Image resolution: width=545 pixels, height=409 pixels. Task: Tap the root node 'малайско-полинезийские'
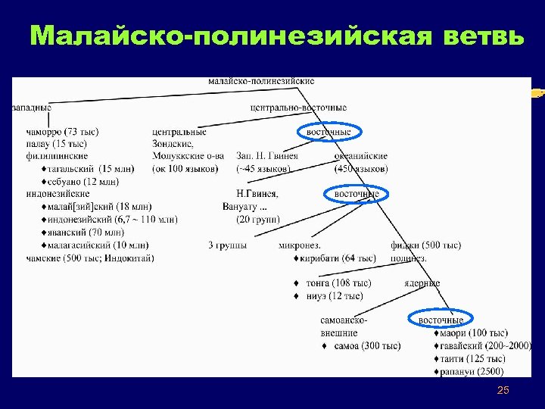[x=261, y=81]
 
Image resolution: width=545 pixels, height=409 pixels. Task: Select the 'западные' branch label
[x=31, y=108]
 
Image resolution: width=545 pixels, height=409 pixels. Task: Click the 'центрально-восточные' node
[x=298, y=108]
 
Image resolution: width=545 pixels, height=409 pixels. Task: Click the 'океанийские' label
[x=361, y=156]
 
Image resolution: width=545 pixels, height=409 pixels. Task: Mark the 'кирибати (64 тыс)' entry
[x=340, y=258]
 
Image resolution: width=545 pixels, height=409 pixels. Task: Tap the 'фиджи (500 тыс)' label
[x=425, y=245]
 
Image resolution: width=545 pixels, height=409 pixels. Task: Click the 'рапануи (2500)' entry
[x=472, y=371]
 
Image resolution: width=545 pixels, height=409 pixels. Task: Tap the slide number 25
[x=503, y=390]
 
